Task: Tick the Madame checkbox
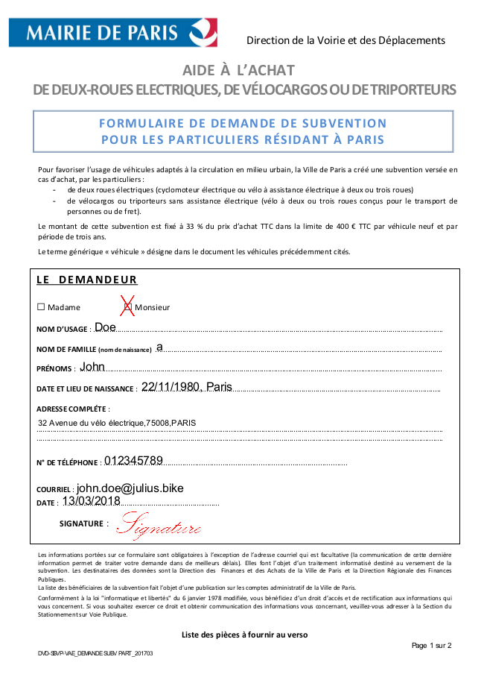click(x=41, y=307)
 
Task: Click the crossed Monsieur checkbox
click(x=127, y=306)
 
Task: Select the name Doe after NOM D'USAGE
click(x=105, y=327)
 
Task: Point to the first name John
click(x=92, y=367)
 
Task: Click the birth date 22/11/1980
click(x=171, y=387)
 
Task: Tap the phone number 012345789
click(x=133, y=460)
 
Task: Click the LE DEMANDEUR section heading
click(x=87, y=280)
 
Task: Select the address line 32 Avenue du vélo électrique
click(x=117, y=423)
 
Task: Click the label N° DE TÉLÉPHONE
click(x=67, y=462)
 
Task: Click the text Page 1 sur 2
click(x=432, y=645)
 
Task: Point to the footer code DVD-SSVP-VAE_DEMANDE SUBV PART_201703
click(x=96, y=653)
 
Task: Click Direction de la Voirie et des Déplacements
click(x=346, y=40)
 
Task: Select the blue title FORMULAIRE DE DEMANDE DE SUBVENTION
click(x=243, y=123)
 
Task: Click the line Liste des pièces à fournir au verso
click(x=244, y=635)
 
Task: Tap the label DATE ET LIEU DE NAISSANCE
click(x=86, y=388)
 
